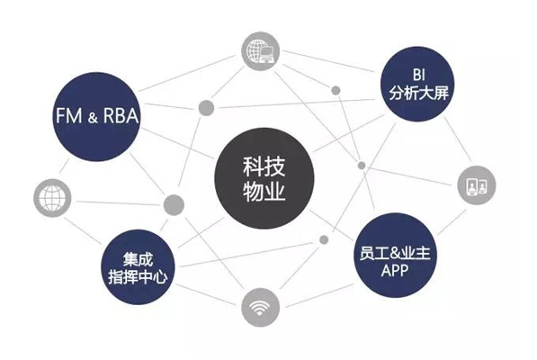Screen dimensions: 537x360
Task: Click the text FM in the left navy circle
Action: (69, 115)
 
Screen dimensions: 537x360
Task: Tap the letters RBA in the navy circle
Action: (121, 115)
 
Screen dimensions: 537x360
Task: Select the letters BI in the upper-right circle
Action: (419, 75)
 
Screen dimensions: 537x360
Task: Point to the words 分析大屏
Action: (418, 92)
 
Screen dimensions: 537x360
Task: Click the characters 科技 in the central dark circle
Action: (264, 166)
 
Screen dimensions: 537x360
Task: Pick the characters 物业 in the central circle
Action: (264, 191)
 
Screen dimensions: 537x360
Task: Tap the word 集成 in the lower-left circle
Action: (138, 259)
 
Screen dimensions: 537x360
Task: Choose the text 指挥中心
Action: (138, 276)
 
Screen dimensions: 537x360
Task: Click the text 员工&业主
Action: (395, 254)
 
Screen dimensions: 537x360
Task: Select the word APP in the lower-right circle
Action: (395, 271)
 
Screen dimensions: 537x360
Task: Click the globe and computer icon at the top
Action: (260, 51)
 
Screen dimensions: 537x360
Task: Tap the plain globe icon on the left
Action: (52, 198)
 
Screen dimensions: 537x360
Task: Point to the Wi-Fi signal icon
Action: (260, 307)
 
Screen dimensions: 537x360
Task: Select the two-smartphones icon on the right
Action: (477, 185)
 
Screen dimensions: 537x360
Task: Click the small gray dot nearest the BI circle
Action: (336, 90)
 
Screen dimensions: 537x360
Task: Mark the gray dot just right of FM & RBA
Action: (206, 108)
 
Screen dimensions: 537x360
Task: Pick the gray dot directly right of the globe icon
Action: (174, 205)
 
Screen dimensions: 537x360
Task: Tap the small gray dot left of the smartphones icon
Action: (362, 166)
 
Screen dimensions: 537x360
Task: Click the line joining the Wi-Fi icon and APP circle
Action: (319, 295)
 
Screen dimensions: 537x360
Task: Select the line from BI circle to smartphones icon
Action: (458, 139)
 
